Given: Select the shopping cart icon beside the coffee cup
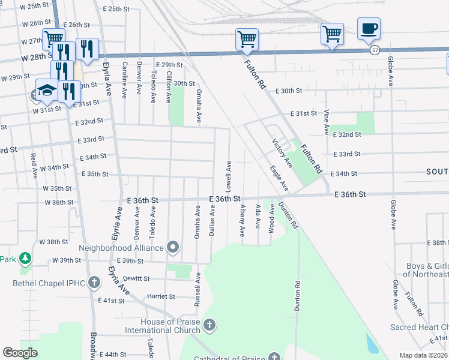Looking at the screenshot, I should (331, 34).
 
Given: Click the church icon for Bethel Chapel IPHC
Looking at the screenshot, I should (94, 282).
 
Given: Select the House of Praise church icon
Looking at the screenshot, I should (209, 325).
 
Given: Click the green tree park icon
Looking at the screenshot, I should (25, 259).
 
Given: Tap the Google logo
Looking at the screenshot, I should (20, 353).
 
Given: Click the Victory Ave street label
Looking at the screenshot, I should (282, 152).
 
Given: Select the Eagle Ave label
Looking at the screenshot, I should (279, 179).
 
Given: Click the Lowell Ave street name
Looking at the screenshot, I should (229, 172).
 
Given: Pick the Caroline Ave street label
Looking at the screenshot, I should (125, 80).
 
